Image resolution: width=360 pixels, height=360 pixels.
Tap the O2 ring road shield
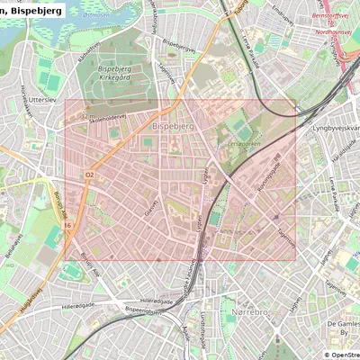point(89,174)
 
